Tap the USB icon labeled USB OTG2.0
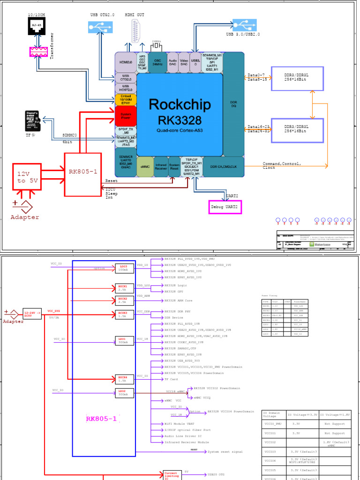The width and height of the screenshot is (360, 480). (x=97, y=28)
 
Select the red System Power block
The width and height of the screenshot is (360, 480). (x=126, y=115)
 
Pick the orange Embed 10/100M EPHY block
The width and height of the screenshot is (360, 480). (x=126, y=100)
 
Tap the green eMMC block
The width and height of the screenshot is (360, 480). (x=145, y=166)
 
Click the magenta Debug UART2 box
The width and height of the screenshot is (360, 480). (x=225, y=207)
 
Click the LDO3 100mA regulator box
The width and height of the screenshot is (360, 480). (x=122, y=268)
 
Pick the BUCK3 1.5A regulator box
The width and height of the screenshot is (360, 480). (x=122, y=314)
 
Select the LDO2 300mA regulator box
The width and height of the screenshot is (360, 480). (x=122, y=392)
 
